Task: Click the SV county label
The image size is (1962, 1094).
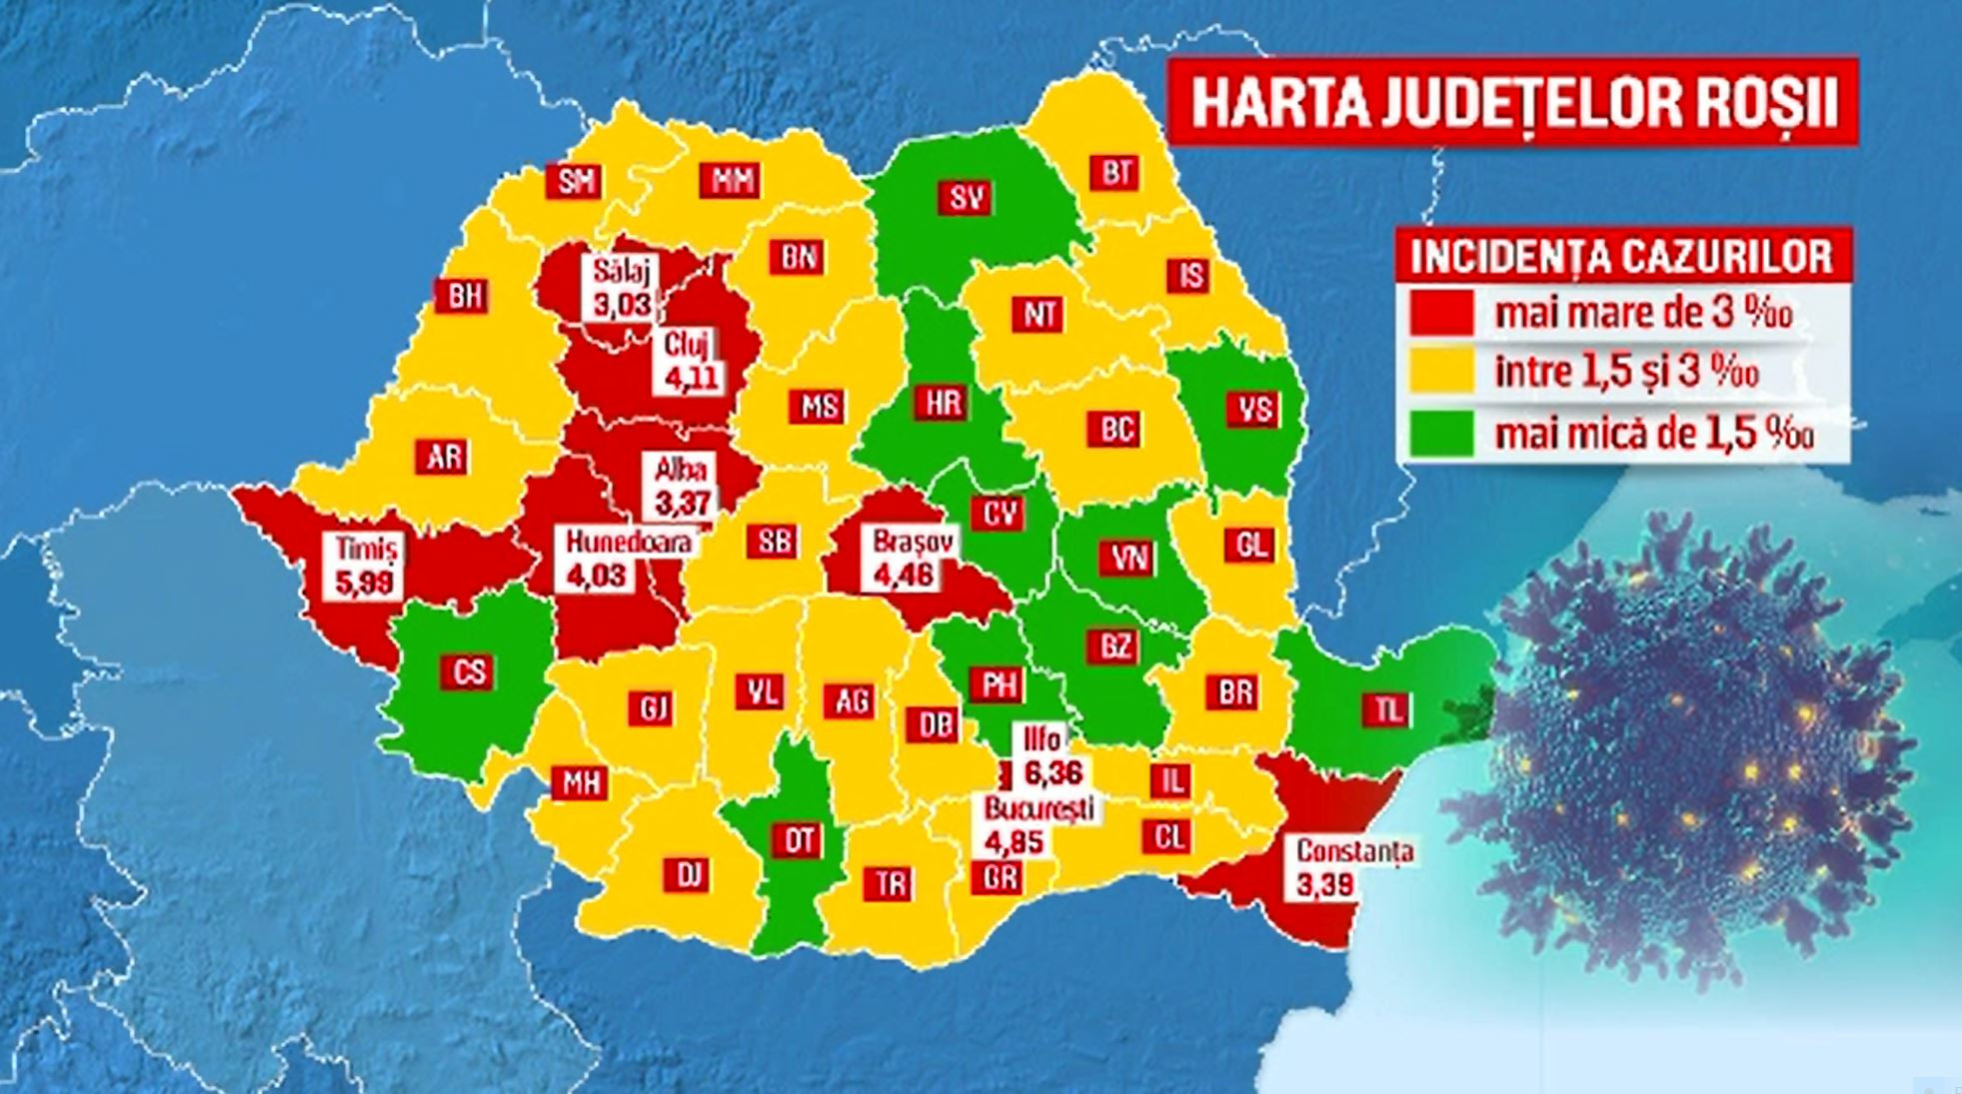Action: (966, 198)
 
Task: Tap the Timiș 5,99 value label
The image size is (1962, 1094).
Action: (365, 565)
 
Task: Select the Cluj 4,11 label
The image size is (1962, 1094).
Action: (690, 362)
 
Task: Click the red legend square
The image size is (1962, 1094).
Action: (1440, 313)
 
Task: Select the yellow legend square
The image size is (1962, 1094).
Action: (1440, 372)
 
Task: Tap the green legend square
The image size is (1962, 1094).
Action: (1440, 433)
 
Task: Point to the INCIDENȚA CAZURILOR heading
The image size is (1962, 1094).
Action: (1621, 257)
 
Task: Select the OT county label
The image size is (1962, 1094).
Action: (798, 840)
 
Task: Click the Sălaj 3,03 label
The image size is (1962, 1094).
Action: (620, 288)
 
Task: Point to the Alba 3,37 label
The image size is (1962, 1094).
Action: (682, 486)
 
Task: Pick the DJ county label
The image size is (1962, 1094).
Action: (688, 875)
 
